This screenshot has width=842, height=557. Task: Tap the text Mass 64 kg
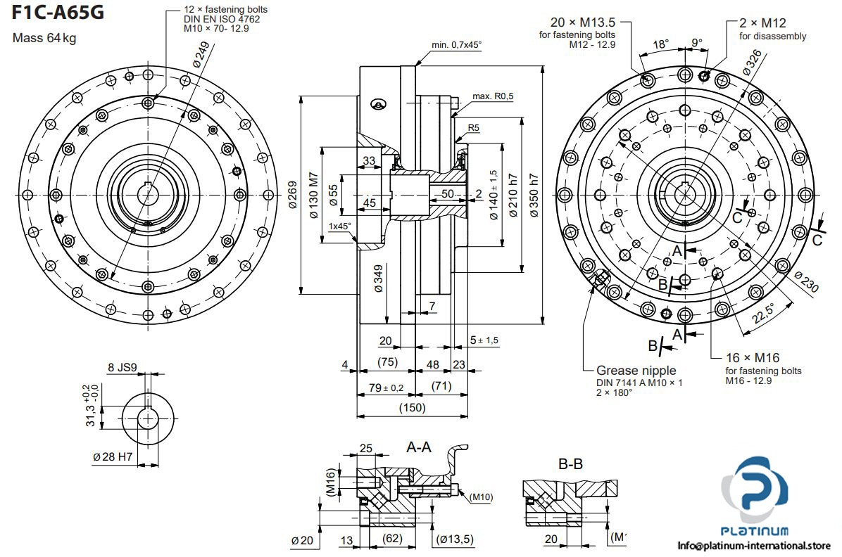pos(45,38)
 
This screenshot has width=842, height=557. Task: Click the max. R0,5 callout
pos(493,96)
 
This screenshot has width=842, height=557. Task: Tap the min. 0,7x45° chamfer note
pos(457,45)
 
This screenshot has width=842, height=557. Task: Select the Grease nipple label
pos(636,370)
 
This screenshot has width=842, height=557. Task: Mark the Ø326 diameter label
pos(753,63)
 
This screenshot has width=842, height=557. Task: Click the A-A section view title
pos(420,447)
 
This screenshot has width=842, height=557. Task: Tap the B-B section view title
pos(570,464)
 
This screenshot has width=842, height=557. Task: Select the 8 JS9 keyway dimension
pos(121,367)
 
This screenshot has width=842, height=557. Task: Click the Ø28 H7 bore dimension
pos(113,456)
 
